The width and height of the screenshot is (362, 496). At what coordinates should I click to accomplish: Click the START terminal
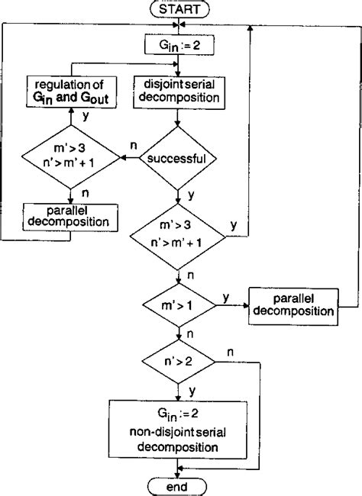click(179, 10)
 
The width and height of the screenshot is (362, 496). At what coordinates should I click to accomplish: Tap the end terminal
click(179, 486)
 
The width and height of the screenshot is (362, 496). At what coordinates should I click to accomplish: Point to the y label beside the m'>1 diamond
click(227, 294)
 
